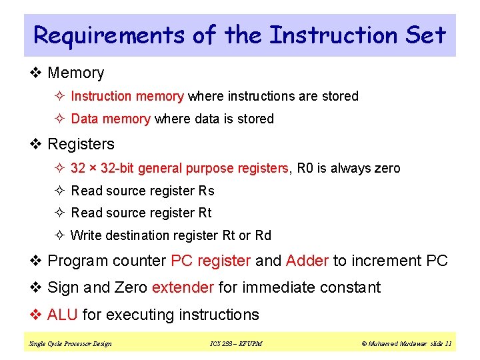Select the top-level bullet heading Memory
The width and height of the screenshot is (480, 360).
pos(76,73)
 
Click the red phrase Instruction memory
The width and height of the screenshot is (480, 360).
pos(127,96)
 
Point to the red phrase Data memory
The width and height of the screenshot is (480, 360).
pos(110,119)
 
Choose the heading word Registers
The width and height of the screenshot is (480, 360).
pos(81,144)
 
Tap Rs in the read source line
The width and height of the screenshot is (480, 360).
pos(207,191)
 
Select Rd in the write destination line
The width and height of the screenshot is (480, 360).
pos(263,235)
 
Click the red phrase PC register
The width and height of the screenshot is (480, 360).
pos(211,261)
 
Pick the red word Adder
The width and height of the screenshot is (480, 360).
pos(307,261)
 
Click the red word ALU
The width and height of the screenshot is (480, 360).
pos(63,315)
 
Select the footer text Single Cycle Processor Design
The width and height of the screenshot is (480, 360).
pos(70,344)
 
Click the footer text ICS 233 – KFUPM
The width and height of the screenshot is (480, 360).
pos(236,344)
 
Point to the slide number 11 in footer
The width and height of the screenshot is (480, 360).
pos(448,344)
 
